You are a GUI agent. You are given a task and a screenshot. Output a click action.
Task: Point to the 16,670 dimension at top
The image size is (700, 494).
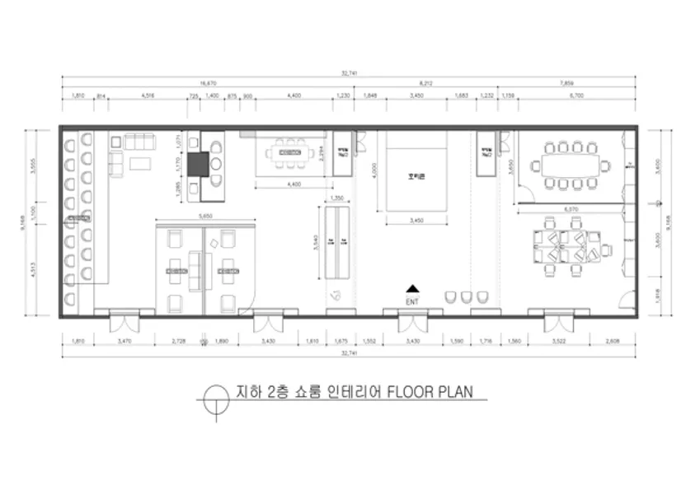coord(209,83)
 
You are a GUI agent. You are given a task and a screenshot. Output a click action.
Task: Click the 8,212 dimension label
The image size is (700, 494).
coord(426,83)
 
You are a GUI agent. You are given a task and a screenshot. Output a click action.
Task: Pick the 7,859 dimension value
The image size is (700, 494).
coord(566,83)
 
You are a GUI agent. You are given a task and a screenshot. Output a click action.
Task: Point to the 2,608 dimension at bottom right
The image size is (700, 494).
coord(612,340)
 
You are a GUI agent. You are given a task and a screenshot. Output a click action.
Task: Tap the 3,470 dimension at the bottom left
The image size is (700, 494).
coord(124,340)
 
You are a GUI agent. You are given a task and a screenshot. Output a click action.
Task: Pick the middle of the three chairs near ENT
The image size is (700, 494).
coord(467,296)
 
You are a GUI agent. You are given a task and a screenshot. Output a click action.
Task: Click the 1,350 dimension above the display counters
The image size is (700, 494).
coord(336,198)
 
